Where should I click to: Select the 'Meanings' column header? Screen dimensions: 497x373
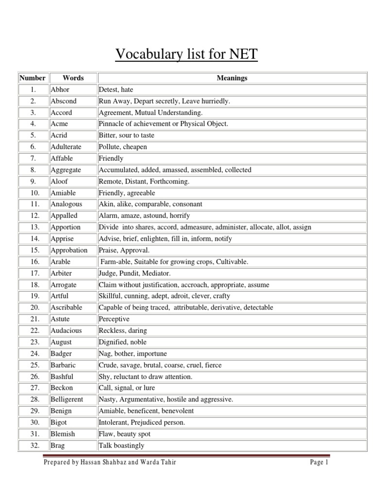click(x=232, y=78)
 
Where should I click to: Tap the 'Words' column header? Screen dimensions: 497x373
click(x=73, y=78)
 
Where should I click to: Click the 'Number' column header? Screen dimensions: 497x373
click(x=33, y=78)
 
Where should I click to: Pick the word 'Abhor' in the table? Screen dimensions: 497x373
click(x=60, y=90)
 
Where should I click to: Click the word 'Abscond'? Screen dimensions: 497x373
click(x=64, y=101)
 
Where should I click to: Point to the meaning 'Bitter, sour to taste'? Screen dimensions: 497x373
click(x=126, y=135)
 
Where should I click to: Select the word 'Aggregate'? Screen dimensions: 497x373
click(x=66, y=170)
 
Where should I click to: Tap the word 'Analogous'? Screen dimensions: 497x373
click(x=67, y=204)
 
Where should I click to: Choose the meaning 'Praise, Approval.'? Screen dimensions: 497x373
click(x=124, y=250)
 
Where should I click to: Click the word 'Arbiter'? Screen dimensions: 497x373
click(x=61, y=273)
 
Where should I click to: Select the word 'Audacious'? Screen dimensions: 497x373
click(x=66, y=331)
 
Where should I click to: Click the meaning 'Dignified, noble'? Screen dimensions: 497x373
click(x=122, y=342)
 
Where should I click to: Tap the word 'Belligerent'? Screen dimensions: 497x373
click(x=67, y=399)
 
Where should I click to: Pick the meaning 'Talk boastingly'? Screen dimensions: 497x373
click(x=121, y=445)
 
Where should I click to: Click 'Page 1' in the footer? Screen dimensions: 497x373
click(x=320, y=463)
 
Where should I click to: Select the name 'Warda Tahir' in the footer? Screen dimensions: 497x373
click(x=158, y=463)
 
